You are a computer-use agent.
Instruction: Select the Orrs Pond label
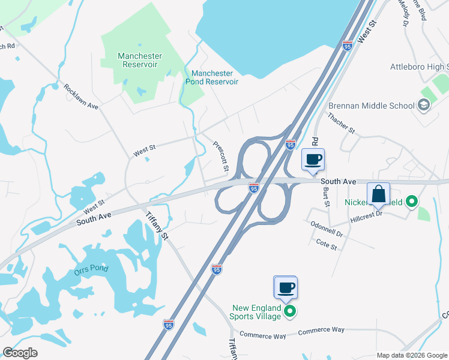pos(92,268)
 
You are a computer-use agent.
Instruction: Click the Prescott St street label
pos(220,156)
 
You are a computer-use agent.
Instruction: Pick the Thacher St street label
pos(341,123)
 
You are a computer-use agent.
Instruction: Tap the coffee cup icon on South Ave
pos(313,160)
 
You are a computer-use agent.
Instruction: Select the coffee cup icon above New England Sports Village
pos(285,287)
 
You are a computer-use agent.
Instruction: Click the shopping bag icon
pos(378,194)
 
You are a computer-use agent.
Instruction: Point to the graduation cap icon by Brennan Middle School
pos(424,106)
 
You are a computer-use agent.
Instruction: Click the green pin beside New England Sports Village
pos(290,311)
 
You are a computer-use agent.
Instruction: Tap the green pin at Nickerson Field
pos(411,202)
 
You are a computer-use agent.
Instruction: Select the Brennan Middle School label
pos(371,106)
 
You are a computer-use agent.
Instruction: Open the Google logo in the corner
pos(20,353)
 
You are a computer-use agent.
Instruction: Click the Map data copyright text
pos(411,355)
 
